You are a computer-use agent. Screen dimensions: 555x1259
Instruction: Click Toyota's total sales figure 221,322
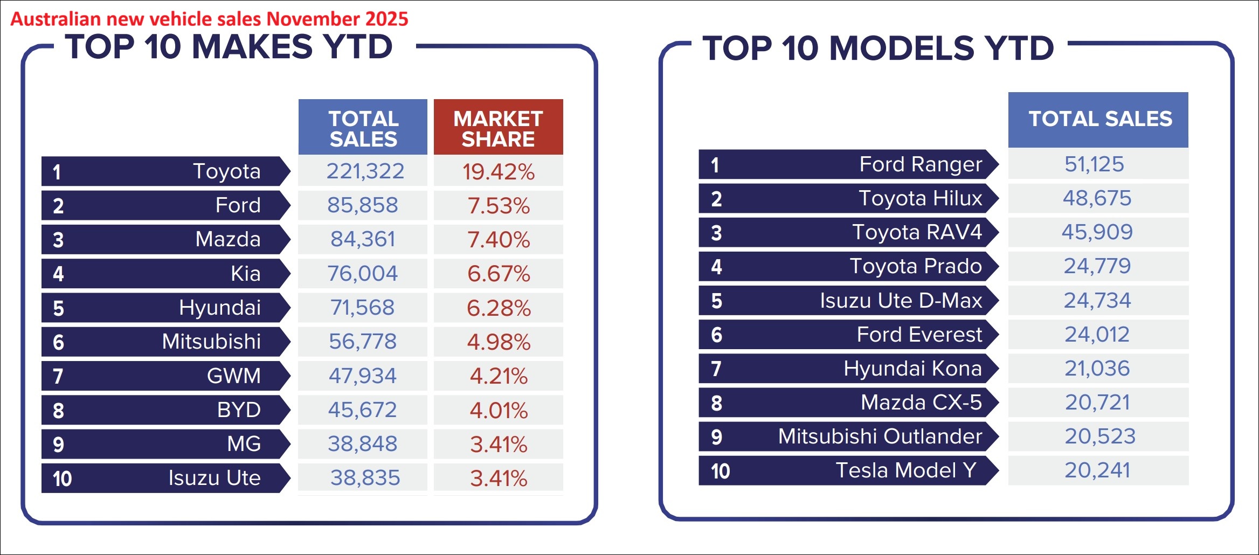coord(365,171)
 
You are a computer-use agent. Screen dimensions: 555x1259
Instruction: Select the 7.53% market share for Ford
coord(499,206)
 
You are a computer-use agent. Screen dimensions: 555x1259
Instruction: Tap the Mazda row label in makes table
coord(227,239)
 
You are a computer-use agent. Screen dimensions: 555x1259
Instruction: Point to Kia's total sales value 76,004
coord(363,274)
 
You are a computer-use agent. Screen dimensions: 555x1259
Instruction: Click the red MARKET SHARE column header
coord(498,128)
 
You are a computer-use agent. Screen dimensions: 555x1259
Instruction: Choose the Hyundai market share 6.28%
coord(499,308)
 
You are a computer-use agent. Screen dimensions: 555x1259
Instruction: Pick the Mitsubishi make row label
coord(211,342)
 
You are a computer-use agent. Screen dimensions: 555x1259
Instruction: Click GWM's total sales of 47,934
coord(363,376)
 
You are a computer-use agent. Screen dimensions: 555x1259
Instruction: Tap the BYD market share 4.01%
coord(499,411)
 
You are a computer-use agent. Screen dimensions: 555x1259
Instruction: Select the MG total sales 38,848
coord(363,444)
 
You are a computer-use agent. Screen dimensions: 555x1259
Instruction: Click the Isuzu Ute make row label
coord(214,478)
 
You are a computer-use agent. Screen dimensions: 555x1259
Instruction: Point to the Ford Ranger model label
coord(920,164)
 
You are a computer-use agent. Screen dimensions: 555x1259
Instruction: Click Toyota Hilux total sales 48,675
coord(1097,198)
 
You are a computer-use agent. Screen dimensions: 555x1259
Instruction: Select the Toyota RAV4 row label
coord(917,232)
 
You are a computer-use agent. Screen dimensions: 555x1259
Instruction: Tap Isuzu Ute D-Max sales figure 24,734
coord(1097,301)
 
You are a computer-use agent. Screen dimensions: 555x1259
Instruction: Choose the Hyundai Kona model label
coord(912,369)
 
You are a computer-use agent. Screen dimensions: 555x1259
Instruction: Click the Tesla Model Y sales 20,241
coord(1097,470)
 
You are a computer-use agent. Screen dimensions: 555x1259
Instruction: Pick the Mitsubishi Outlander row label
coord(880,436)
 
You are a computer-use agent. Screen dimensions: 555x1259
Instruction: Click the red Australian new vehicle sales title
coord(209,19)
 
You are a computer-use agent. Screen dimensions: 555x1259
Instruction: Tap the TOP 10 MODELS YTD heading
coord(878,48)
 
